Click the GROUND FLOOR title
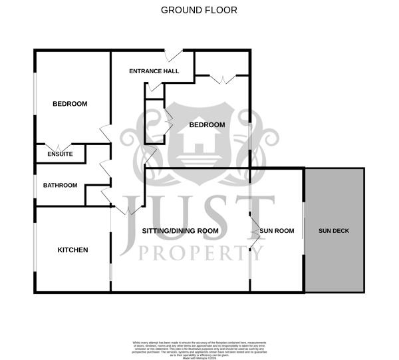pyautogui.click(x=199, y=10)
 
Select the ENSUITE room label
pyautogui.click(x=60, y=154)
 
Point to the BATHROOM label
pyautogui.click(x=61, y=185)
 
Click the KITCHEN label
pyautogui.click(x=72, y=250)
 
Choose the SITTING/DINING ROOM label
pyautogui.click(x=180, y=231)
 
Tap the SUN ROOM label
pyautogui.click(x=277, y=231)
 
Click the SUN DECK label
pyautogui.click(x=334, y=231)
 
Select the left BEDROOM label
pyautogui.click(x=70, y=104)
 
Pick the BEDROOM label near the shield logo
pyautogui.click(x=207, y=124)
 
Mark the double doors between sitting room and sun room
pyautogui.click(x=255, y=230)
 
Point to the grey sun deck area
pyautogui.click(x=334, y=200)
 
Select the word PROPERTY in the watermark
pyautogui.click(x=199, y=252)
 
